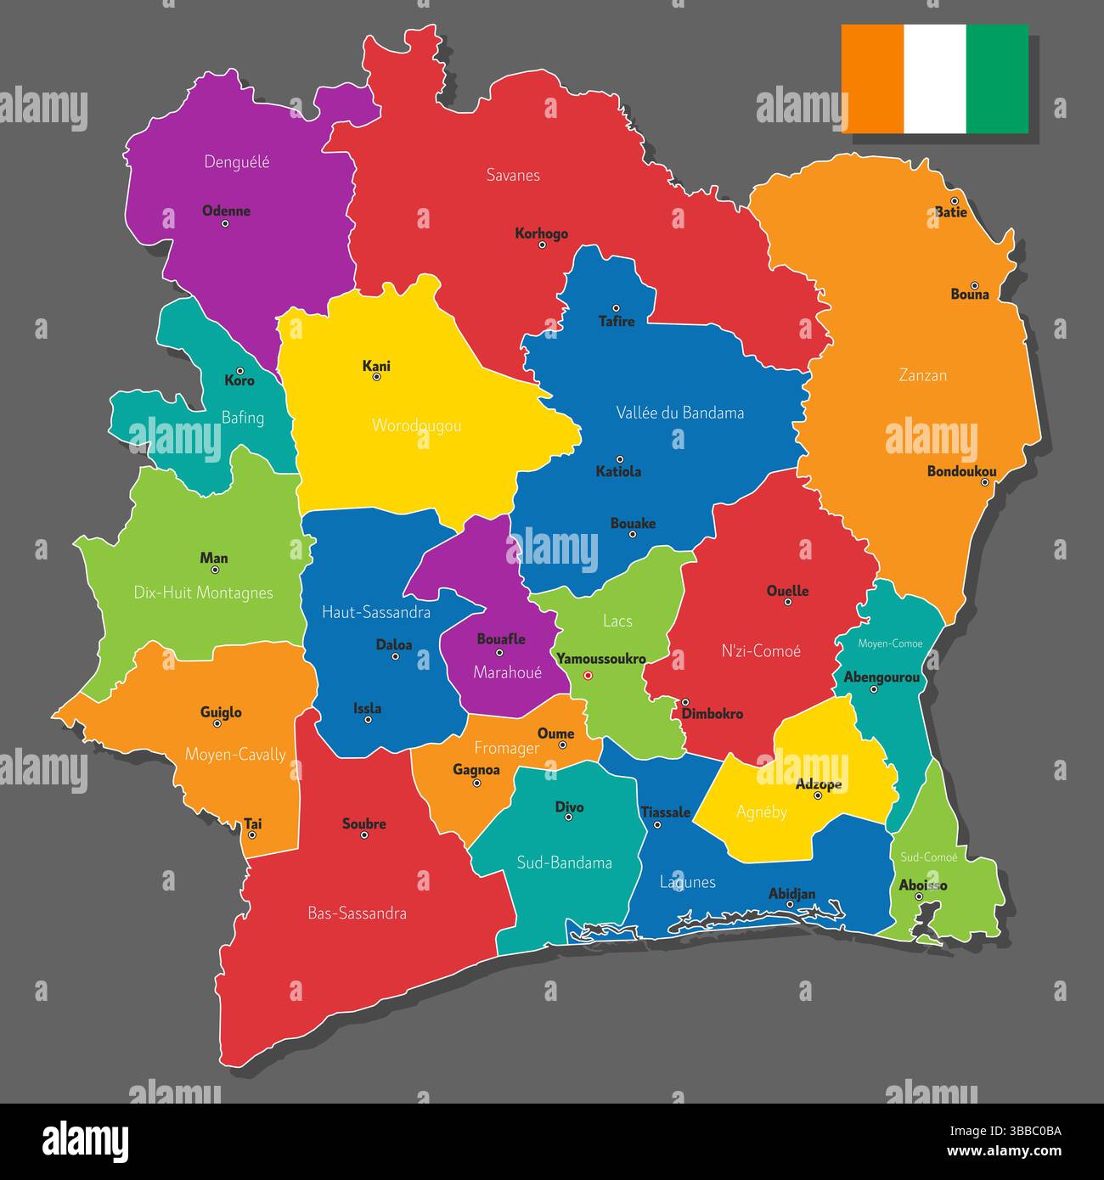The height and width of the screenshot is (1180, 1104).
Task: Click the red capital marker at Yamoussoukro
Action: (x=588, y=676)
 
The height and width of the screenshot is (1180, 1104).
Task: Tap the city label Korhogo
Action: (x=541, y=233)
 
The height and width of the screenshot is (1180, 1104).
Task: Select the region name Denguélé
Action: (x=237, y=161)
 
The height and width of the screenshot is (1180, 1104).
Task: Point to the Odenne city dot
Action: (x=225, y=224)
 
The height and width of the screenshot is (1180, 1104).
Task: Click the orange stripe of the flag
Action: (x=872, y=79)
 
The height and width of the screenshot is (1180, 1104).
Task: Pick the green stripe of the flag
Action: (x=997, y=79)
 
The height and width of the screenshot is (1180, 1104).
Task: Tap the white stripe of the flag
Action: (x=935, y=79)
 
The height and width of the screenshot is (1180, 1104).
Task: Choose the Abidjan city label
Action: (x=791, y=893)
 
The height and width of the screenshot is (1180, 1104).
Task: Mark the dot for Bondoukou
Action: (x=985, y=482)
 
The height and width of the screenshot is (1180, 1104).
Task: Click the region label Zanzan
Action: (x=922, y=374)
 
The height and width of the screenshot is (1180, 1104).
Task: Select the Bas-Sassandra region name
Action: (x=357, y=913)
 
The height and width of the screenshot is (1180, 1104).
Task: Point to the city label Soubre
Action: (x=364, y=823)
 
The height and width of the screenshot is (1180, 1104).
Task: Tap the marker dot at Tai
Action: (x=252, y=835)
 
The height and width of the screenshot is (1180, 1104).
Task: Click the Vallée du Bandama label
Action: (x=679, y=413)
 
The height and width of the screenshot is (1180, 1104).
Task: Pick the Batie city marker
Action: (x=955, y=201)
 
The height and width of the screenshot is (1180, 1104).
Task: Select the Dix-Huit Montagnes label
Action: (x=204, y=593)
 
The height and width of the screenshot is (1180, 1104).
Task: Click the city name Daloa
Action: (x=394, y=644)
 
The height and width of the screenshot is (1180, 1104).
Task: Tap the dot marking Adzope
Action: (x=818, y=795)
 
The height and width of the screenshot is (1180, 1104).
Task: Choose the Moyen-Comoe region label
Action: (x=890, y=643)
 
